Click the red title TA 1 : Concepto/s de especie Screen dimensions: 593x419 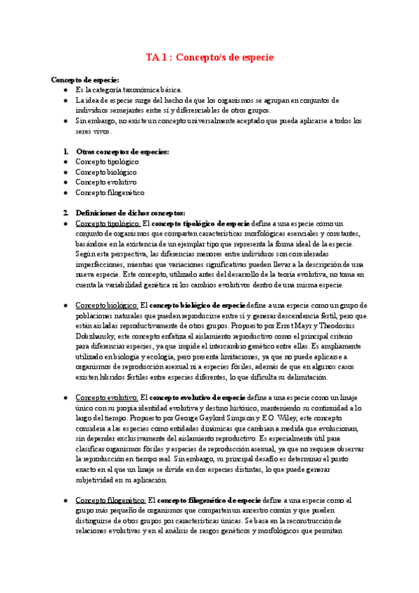pyautogui.click(x=209, y=57)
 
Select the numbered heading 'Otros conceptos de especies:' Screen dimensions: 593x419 pyautogui.click(x=122, y=152)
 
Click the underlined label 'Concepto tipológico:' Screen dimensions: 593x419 pyautogui.click(x=108, y=223)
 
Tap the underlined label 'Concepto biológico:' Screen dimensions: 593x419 pyautogui.click(x=107, y=305)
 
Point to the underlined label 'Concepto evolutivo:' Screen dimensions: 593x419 pyautogui.click(x=107, y=397)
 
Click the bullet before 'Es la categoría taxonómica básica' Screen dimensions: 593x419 pyautogui.click(x=65, y=90)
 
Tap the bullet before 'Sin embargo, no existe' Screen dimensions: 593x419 pyautogui.click(x=65, y=121)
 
